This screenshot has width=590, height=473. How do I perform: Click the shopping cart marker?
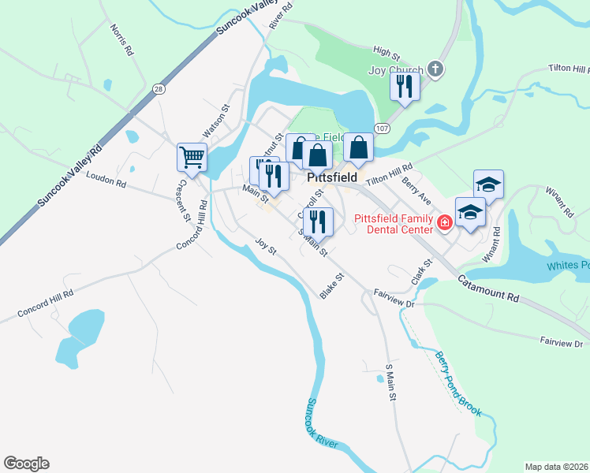(x=192, y=157)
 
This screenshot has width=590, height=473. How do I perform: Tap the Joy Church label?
(x=396, y=70)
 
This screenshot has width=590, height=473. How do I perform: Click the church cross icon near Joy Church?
(x=435, y=70)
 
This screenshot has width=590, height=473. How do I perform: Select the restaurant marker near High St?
(x=405, y=86)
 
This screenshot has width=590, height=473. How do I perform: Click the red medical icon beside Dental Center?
(x=445, y=223)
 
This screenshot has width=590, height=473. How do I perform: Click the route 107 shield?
(x=383, y=128)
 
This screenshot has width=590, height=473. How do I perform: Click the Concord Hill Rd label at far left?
(x=47, y=305)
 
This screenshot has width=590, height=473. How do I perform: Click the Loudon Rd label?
(x=106, y=181)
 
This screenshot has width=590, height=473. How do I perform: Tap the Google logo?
(x=26, y=464)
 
